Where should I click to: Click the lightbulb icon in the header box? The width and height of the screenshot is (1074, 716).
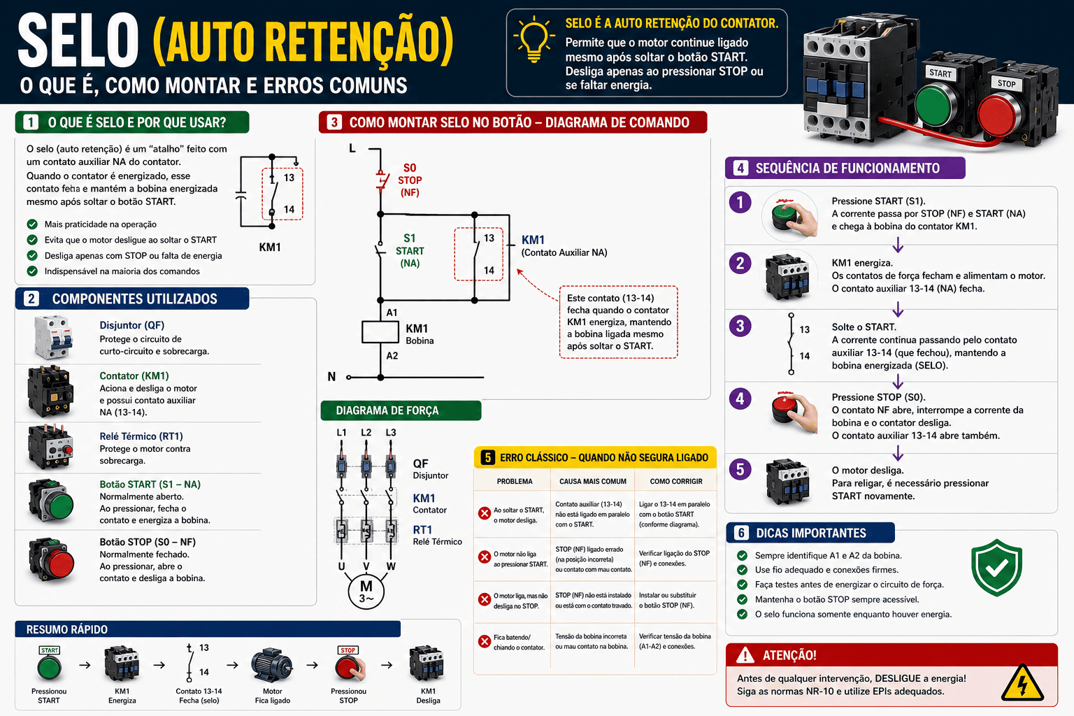point(534,38)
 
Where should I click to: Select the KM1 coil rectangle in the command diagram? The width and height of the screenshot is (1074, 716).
point(380,332)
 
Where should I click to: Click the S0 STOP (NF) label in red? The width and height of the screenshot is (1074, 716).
point(410,180)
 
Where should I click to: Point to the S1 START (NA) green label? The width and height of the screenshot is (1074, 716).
point(410,251)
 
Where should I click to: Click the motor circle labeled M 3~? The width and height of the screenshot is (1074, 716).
point(366,590)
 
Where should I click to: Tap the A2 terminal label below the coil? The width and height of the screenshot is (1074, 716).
point(392,356)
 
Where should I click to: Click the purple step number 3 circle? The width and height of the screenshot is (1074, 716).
point(740,326)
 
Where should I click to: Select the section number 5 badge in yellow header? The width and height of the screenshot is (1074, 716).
point(487,457)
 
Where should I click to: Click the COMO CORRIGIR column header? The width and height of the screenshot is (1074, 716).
point(676,481)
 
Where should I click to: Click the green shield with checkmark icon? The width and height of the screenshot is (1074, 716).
point(997,567)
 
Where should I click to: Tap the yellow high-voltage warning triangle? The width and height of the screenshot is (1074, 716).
point(1022,683)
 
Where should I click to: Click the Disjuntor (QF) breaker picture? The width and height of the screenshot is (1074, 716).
point(53,337)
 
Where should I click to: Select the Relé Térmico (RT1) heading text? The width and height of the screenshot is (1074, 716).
point(141,436)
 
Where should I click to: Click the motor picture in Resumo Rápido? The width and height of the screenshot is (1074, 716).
point(271,665)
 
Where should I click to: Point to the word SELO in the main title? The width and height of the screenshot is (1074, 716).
point(78,41)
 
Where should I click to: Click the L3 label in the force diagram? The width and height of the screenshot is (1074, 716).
point(391,432)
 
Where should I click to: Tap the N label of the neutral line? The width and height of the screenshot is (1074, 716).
point(331,377)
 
